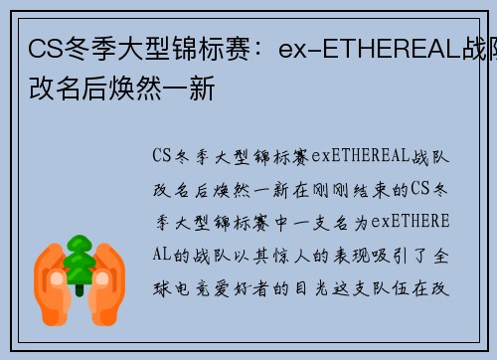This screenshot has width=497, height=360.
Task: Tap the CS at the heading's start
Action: (x=41, y=49)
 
